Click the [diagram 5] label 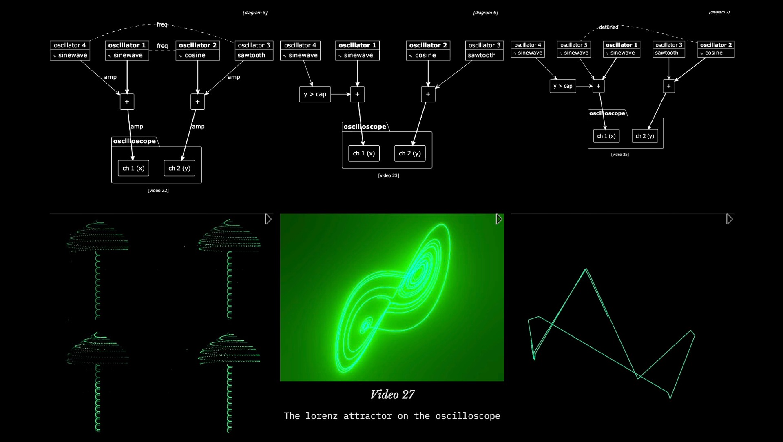(255, 13)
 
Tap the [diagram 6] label (485, 13)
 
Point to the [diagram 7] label (719, 12)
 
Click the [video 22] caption (158, 191)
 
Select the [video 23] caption (389, 175)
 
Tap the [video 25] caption (620, 155)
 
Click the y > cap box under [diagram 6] (315, 94)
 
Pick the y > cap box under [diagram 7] (563, 86)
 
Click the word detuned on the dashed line (608, 27)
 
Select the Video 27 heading (392, 395)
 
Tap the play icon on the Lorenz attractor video (499, 219)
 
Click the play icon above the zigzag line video (729, 219)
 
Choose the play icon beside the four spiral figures (268, 219)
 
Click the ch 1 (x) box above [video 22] (133, 168)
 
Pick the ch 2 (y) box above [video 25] (645, 136)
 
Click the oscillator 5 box (574, 49)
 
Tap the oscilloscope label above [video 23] (365, 127)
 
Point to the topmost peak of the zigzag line (586, 269)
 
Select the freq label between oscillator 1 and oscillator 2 (162, 46)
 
